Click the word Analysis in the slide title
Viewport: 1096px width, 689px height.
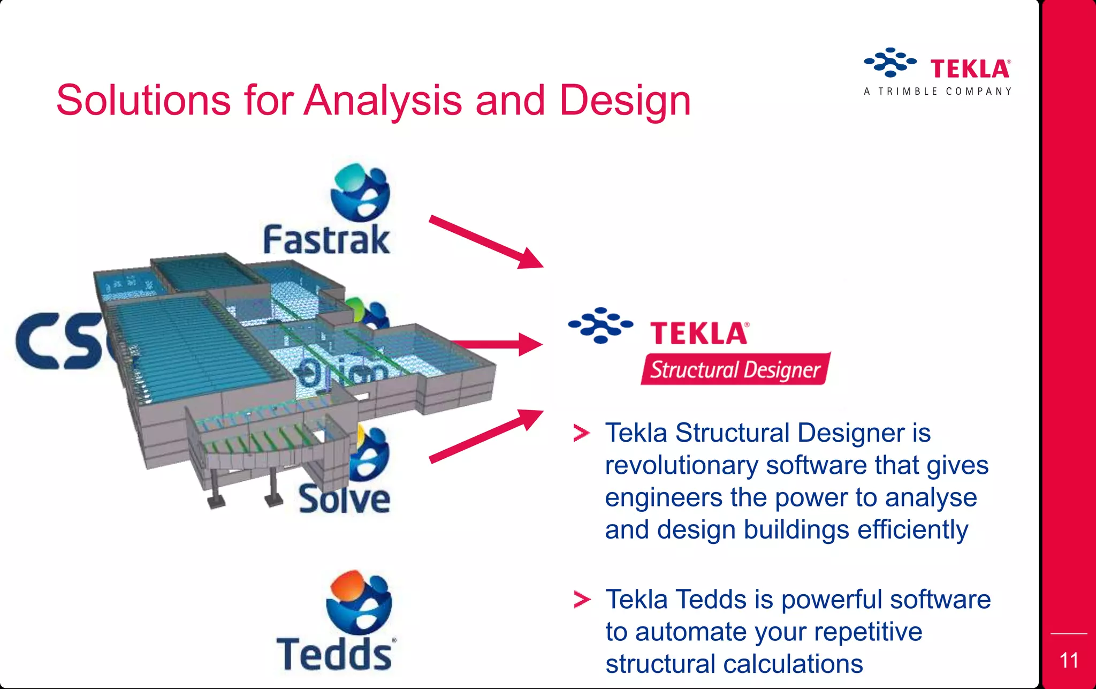(x=383, y=101)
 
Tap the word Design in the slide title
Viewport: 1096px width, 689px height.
(x=625, y=101)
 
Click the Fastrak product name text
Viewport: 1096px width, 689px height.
(x=326, y=240)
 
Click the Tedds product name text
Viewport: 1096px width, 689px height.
(x=334, y=654)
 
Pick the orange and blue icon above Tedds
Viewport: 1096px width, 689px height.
(x=359, y=601)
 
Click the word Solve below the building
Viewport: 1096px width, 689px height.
(x=344, y=499)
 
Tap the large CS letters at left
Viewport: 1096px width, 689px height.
(x=59, y=341)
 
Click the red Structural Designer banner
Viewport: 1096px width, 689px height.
(x=735, y=369)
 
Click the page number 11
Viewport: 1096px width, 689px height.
(x=1069, y=661)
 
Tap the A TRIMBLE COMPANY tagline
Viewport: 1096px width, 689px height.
(x=938, y=92)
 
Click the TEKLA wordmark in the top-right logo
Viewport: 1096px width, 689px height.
(x=970, y=69)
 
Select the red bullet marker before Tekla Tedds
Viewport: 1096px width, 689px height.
(x=581, y=600)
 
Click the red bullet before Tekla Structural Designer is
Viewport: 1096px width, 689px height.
(x=581, y=433)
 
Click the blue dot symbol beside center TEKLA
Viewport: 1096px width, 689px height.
(x=600, y=325)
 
